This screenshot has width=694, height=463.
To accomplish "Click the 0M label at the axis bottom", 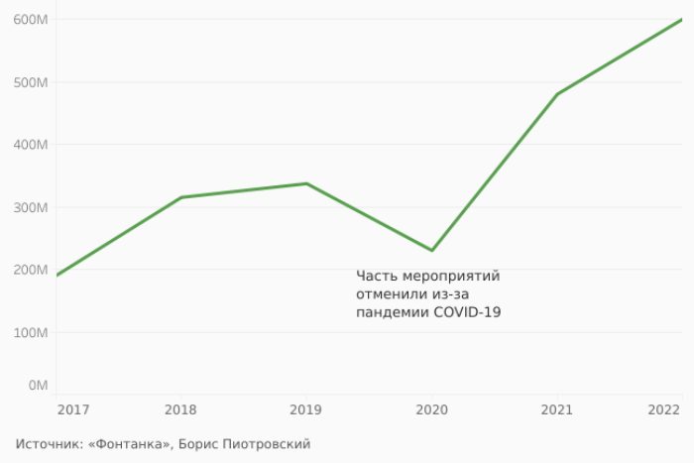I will (39, 385).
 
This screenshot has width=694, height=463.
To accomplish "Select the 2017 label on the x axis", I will (71, 409).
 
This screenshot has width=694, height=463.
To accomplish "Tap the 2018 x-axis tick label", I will (180, 409).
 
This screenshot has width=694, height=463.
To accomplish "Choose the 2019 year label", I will (305, 409).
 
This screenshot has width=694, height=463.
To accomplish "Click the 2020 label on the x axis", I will (431, 409).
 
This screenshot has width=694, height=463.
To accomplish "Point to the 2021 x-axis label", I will (556, 409).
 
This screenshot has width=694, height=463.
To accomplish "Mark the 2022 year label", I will (664, 409).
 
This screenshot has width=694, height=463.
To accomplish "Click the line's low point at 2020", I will (432, 250).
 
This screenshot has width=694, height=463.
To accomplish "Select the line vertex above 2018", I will (181, 197).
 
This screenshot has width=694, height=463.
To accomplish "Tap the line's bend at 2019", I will (306, 183).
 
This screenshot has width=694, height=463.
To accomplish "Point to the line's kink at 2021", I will (557, 94).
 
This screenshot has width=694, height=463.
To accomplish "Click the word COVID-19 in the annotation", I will (467, 313).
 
